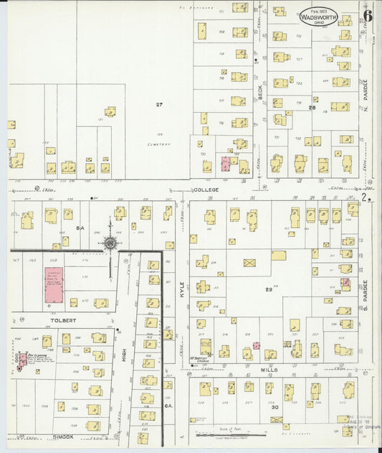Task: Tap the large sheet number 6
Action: [367, 16]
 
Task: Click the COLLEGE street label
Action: [205, 190]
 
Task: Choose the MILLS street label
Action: [269, 370]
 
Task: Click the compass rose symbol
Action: [110, 243]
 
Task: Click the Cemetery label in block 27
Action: [160, 144]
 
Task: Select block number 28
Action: [312, 107]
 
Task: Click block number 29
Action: [269, 289]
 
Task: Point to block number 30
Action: [274, 406]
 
